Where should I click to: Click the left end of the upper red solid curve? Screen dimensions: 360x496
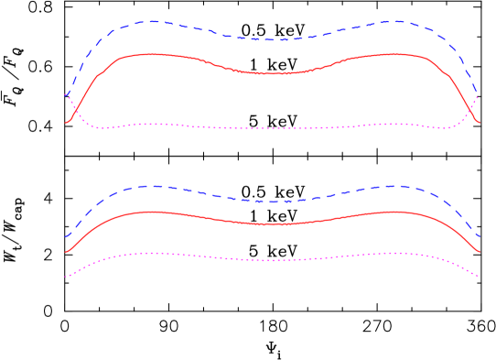pos(66,122)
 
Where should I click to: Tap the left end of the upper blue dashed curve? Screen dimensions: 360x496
pos(66,94)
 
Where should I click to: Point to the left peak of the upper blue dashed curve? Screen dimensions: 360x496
pos(152,21)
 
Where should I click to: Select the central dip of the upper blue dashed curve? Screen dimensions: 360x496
pos(272,40)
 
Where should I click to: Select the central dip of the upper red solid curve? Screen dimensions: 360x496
pos(272,73)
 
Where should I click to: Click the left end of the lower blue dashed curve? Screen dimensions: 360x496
pos(66,237)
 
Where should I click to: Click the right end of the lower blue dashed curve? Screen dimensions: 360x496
pos(480,237)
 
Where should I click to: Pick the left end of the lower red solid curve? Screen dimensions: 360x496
pos(66,251)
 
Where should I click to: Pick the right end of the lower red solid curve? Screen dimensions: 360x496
pos(480,251)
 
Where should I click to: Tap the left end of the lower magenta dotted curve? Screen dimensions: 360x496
pos(66,276)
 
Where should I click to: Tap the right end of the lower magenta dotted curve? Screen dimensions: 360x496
pos(479,276)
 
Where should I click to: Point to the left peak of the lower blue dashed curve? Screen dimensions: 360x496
pos(152,186)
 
